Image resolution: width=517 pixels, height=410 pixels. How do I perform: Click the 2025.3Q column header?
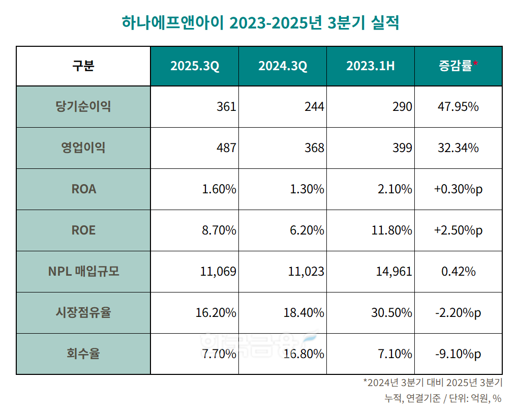tap(195, 66)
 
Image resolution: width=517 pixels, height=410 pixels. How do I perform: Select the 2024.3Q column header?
tap(283, 66)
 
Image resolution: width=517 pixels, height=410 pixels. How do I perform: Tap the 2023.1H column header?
tap(370, 66)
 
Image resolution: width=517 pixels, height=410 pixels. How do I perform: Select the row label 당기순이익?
tap(83, 107)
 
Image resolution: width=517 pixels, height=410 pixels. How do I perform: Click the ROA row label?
tap(83, 189)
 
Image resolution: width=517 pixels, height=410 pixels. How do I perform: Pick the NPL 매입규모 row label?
tap(83, 271)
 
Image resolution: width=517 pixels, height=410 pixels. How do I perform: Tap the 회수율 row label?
tap(83, 354)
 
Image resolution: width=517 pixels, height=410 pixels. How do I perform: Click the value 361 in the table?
tap(226, 107)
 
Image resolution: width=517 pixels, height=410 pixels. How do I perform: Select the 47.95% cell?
tap(458, 107)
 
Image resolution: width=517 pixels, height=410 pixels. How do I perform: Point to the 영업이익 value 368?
tap(314, 148)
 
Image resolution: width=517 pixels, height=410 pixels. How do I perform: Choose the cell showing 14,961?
tap(393, 271)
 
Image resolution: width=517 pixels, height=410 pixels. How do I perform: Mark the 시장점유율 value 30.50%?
tap(391, 312)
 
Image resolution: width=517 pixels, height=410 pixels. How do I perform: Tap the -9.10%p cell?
tap(458, 354)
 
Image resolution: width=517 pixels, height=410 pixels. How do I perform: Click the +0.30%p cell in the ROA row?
tap(458, 189)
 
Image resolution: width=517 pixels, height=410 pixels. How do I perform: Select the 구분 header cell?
tap(83, 66)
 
